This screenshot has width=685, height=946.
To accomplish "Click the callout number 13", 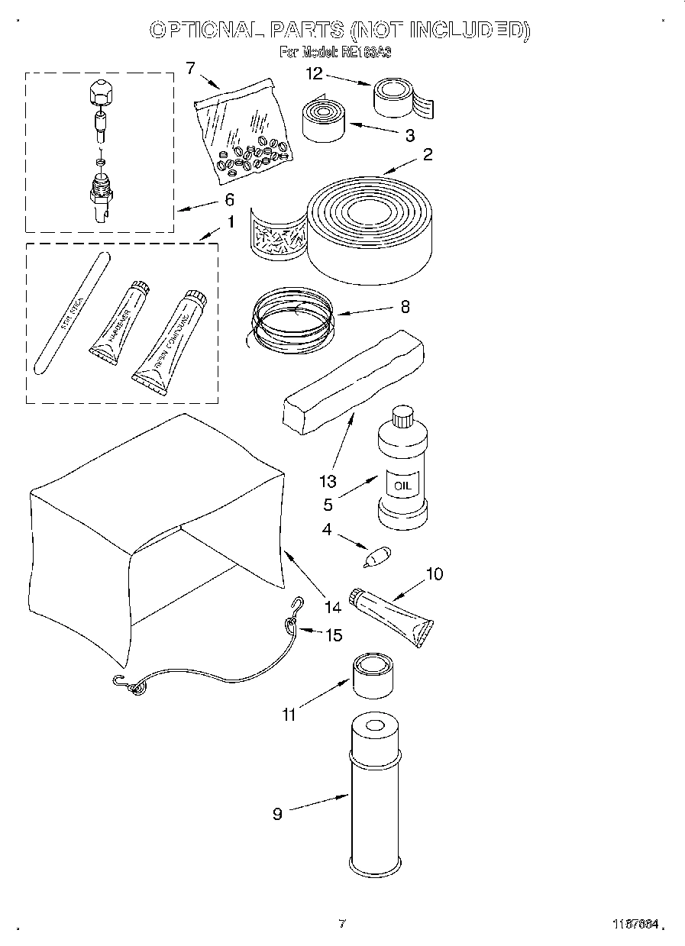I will (x=328, y=481).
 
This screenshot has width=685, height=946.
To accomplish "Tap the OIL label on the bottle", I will (x=402, y=485).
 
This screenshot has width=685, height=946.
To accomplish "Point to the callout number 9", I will (x=277, y=814).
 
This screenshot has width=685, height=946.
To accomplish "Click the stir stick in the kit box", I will (x=73, y=312).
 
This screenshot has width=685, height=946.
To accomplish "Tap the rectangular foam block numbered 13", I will (x=353, y=381).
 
